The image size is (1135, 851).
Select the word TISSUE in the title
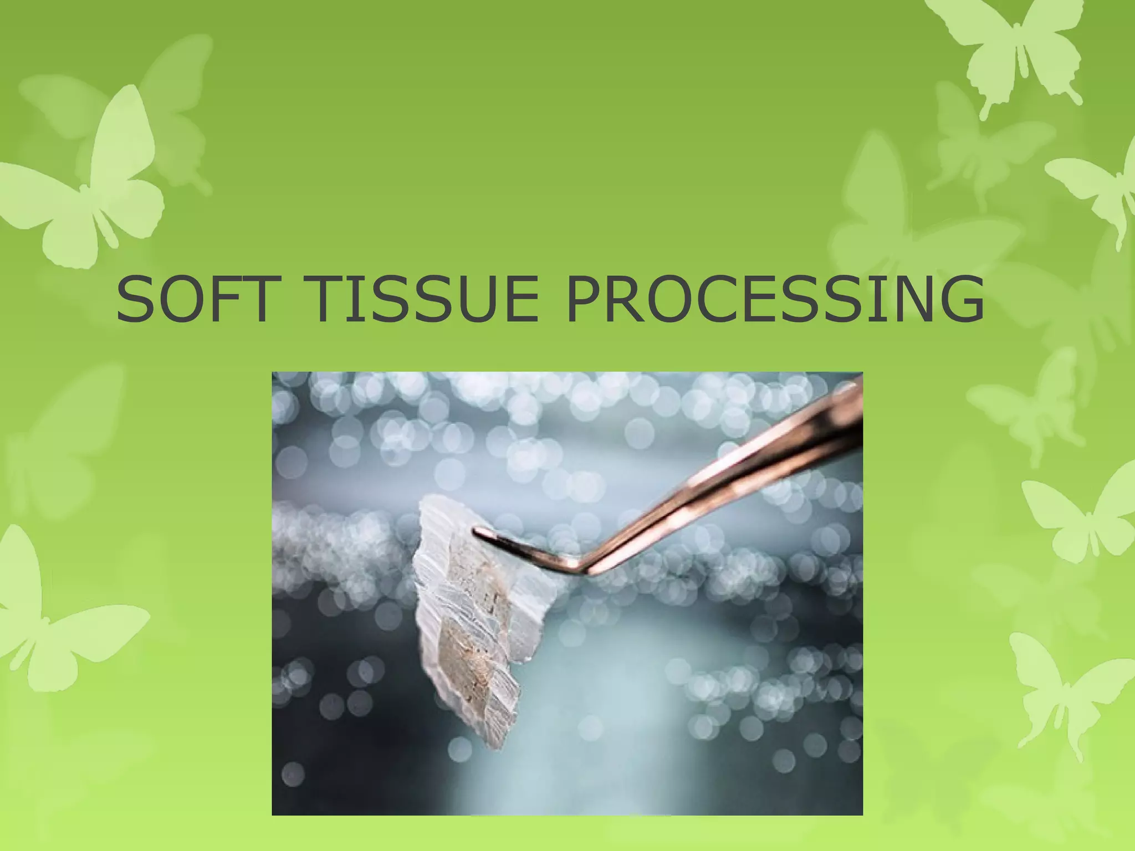pos(425,300)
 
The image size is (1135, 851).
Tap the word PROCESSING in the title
pos(775,300)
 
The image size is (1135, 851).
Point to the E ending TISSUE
pos(518,300)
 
